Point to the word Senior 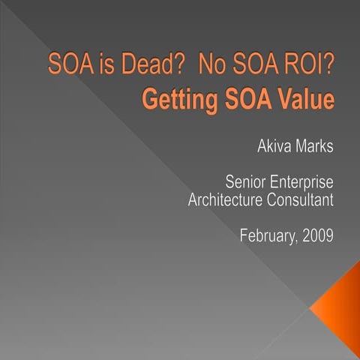238,184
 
